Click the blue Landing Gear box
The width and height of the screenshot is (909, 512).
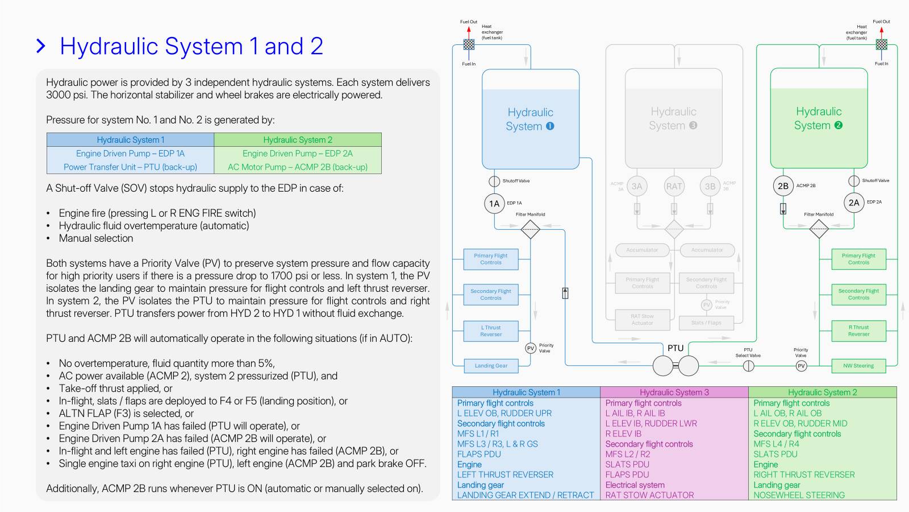[x=491, y=366]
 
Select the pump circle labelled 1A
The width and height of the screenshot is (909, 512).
[x=494, y=204]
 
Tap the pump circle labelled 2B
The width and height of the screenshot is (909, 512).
[x=783, y=186]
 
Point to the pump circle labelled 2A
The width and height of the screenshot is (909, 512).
[x=854, y=203]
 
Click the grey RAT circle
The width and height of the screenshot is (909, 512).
[x=674, y=186]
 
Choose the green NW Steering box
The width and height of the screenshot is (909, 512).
[x=858, y=366]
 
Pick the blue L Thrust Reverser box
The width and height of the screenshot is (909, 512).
[x=491, y=331]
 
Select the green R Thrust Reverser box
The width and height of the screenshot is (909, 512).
[x=858, y=331]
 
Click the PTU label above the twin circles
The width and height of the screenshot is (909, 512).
[x=676, y=348]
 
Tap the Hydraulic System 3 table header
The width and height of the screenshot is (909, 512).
[x=674, y=392]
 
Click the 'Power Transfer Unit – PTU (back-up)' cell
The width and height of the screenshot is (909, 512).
[x=130, y=167]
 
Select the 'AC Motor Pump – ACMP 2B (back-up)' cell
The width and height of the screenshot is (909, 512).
[x=297, y=167]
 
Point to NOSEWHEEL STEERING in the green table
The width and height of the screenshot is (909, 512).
[x=799, y=495]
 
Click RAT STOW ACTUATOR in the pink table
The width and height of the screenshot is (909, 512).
[x=649, y=495]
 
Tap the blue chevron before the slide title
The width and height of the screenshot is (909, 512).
[x=41, y=46]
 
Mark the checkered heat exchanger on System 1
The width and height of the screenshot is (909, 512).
[x=469, y=44]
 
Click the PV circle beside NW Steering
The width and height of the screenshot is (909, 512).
[x=801, y=366]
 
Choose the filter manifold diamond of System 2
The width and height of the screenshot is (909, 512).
[x=819, y=229]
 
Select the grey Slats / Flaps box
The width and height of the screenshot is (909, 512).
[x=706, y=323]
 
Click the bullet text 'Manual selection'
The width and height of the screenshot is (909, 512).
[x=96, y=238]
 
